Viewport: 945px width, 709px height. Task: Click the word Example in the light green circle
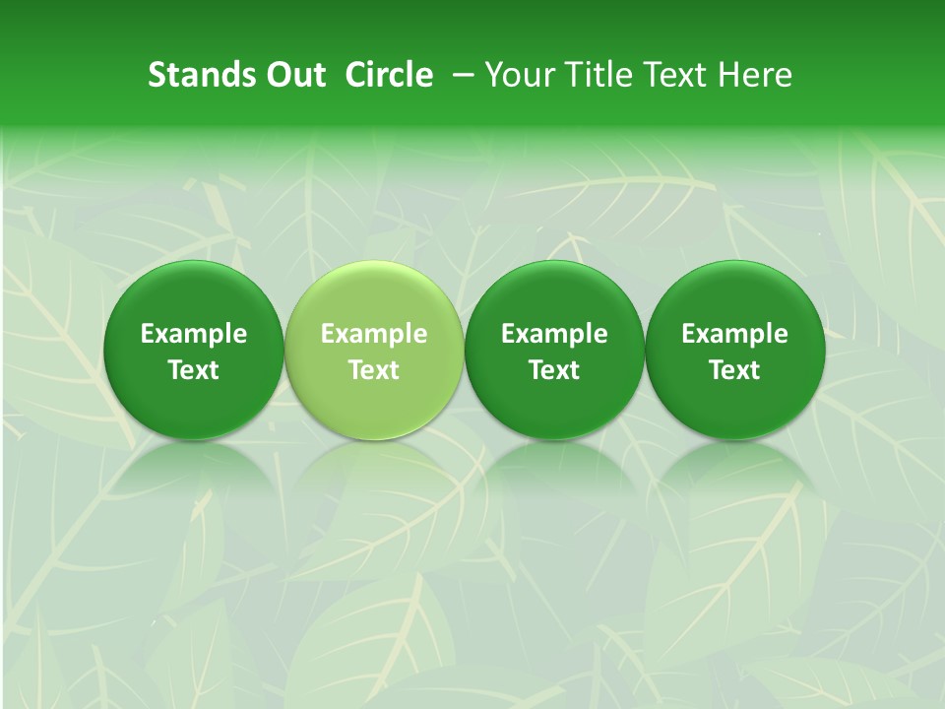tap(374, 334)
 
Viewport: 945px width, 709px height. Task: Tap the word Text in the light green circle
tap(374, 370)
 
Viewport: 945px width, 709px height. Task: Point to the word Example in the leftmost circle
tap(194, 334)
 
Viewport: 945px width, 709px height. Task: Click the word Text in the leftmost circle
tap(194, 370)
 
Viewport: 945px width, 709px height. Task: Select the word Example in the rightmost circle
tap(735, 334)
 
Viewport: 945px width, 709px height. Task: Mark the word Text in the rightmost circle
tap(735, 370)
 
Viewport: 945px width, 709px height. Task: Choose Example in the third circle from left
tap(554, 334)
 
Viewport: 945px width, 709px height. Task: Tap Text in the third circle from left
tap(554, 370)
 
